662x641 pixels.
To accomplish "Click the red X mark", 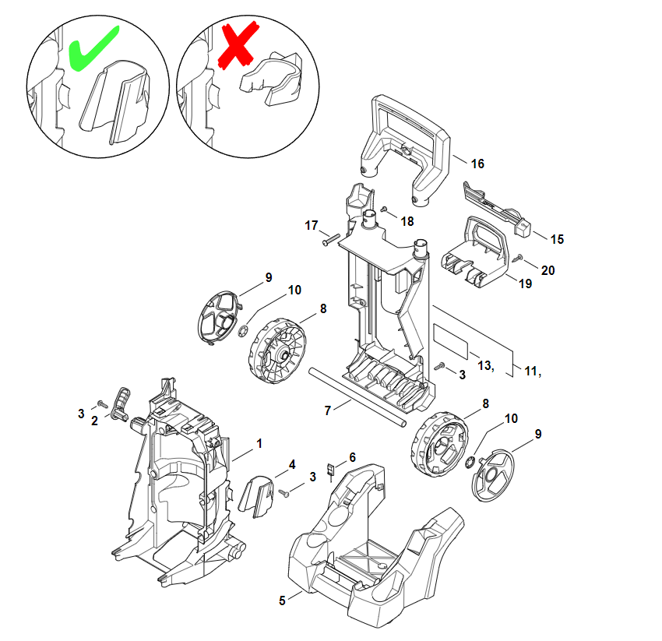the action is [238, 44].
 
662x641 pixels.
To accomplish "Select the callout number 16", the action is [477, 164].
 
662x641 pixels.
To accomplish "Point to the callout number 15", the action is [557, 239].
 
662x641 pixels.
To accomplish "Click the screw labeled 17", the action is [331, 239].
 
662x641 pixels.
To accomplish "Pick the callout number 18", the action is [407, 221].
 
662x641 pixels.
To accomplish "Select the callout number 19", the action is [525, 284].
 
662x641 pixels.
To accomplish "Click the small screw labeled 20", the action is [518, 258].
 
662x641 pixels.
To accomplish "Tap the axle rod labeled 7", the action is [357, 397].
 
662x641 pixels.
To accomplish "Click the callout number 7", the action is [328, 410].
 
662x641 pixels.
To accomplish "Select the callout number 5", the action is [282, 600].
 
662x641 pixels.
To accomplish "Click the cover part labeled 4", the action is [257, 497].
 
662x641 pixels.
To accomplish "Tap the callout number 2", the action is [94, 421].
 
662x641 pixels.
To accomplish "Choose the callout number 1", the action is [259, 443].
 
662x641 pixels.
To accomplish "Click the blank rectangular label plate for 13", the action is [451, 342].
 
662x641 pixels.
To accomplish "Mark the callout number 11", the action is [530, 371].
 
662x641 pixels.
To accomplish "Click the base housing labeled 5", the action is [375, 544].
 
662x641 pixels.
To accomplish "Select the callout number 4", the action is [292, 464].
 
